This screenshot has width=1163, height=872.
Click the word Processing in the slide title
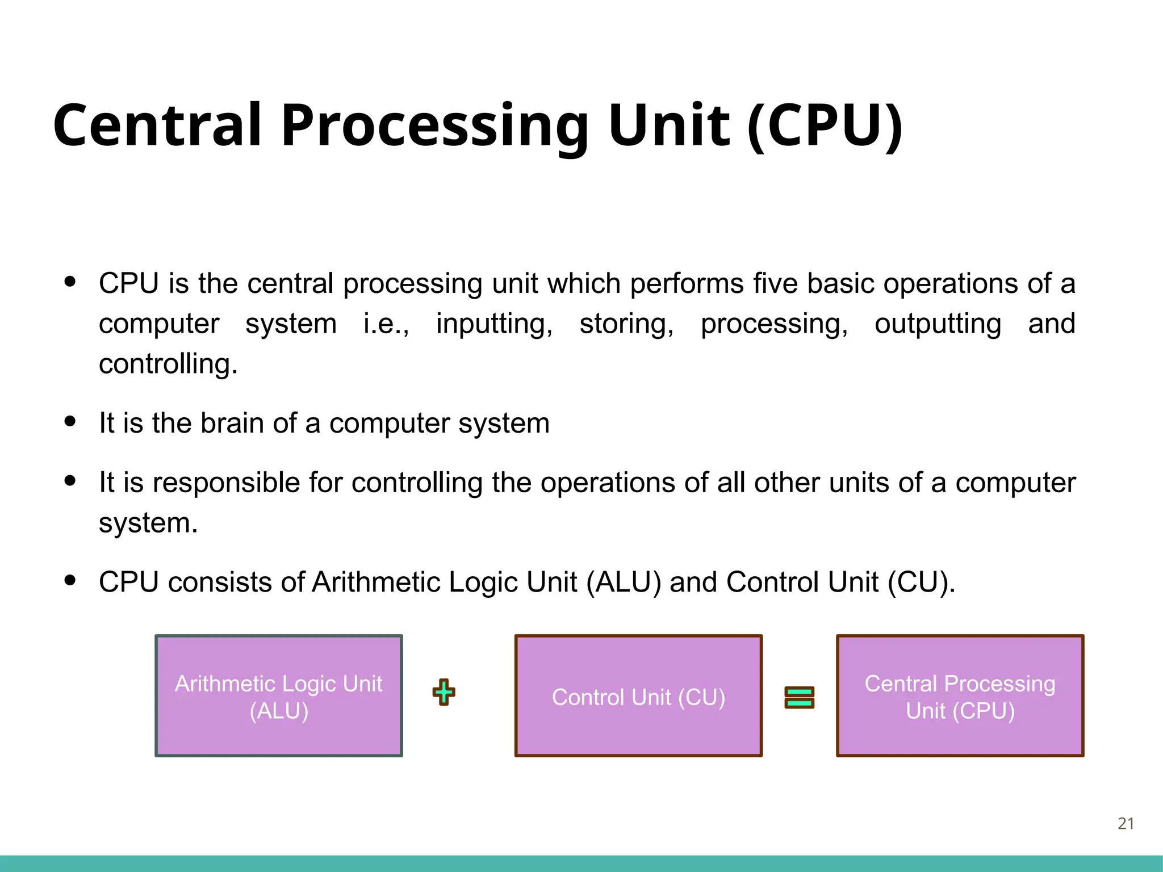(x=434, y=126)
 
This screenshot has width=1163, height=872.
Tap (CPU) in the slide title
(x=825, y=126)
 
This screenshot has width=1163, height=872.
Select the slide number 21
(x=1126, y=823)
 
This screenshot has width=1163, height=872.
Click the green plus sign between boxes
(x=444, y=692)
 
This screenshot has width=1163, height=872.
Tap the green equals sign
(x=799, y=697)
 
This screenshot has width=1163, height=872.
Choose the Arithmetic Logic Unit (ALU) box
(x=279, y=696)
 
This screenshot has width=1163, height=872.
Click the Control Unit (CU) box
(x=638, y=696)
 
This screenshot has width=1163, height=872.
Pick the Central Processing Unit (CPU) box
(x=960, y=696)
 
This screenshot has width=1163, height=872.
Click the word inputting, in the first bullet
(x=494, y=324)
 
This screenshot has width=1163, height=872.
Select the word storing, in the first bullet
(x=626, y=324)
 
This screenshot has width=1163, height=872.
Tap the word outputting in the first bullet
(x=938, y=324)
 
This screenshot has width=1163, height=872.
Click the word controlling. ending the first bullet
(x=168, y=364)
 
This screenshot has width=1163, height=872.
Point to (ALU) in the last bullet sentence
(x=624, y=582)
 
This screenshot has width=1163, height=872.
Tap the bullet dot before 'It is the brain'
(x=70, y=421)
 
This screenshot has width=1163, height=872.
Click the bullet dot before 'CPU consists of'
(x=70, y=581)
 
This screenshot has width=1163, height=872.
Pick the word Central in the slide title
(x=158, y=126)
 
